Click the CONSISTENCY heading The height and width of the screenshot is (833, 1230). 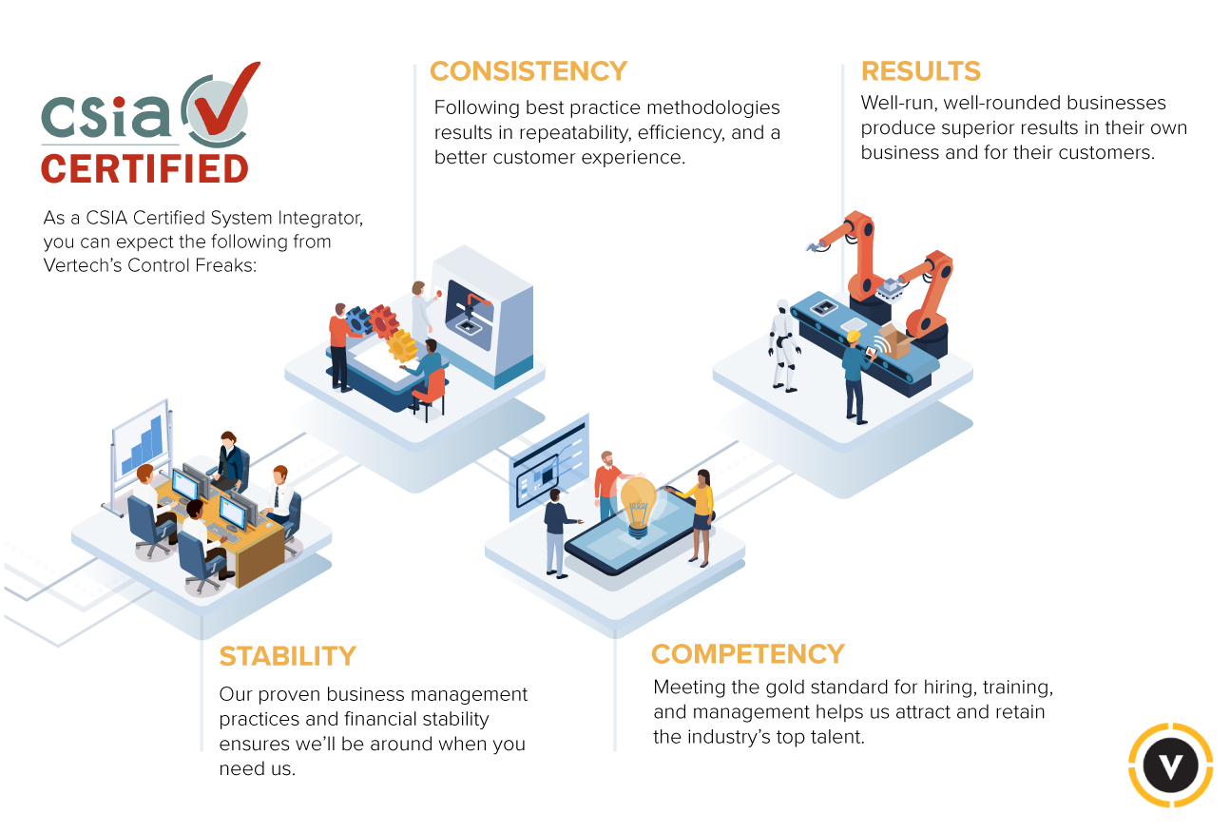(529, 71)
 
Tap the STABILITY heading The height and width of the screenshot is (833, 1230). (287, 656)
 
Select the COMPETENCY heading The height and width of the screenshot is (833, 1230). (747, 654)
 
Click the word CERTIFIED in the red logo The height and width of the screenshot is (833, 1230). (144, 169)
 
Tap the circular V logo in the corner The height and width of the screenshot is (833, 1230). (1170, 765)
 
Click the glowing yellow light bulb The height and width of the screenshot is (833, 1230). (638, 502)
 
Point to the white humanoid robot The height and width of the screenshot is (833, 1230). (783, 343)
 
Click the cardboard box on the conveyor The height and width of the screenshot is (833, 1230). (894, 340)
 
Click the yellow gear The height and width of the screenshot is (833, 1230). (402, 345)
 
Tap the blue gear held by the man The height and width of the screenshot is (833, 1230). (359, 320)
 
